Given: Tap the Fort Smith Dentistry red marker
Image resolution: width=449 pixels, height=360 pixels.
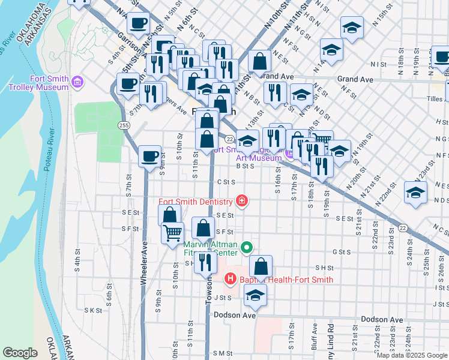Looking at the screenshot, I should coord(241,200).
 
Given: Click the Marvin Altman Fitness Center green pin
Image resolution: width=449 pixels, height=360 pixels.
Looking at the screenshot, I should coord(246,247).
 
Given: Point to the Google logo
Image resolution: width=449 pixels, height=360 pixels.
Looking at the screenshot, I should coord(20,353).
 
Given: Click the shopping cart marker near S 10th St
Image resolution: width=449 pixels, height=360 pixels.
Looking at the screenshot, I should coord(173,232).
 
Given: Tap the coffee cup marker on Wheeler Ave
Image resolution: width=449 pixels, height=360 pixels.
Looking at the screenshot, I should coord(149,157).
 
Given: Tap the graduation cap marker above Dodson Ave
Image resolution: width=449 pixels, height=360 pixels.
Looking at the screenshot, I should coord(255,295).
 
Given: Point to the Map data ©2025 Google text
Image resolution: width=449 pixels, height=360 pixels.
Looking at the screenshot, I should coord(411,355).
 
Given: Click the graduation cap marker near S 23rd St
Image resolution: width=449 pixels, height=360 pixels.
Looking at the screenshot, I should coord(415,192).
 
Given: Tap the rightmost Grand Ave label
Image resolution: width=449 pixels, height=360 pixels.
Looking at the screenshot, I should coord(355,79).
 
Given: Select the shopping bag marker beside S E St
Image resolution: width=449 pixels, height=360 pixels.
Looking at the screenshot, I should coord(170,215).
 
